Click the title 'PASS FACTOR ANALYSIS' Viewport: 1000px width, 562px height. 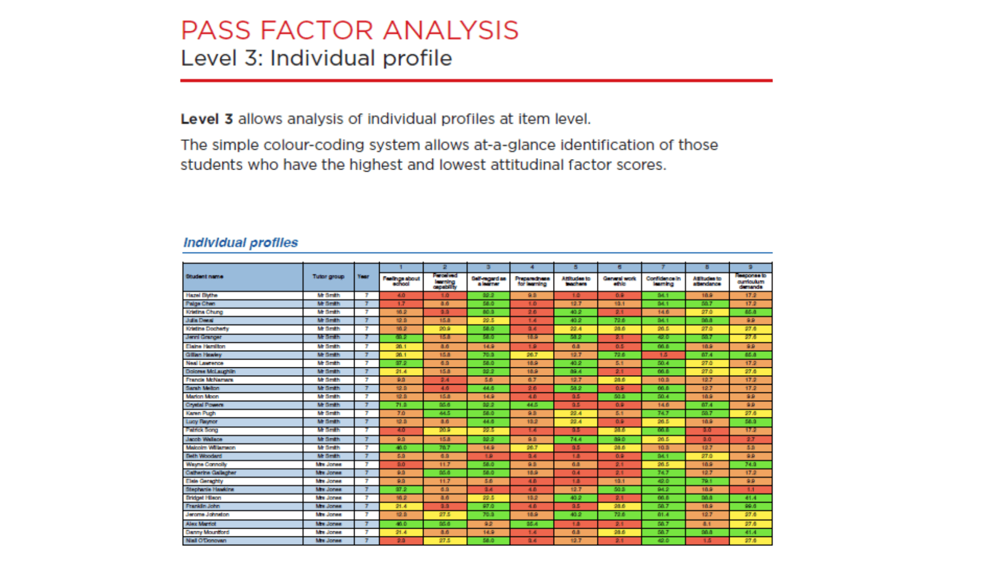click(349, 30)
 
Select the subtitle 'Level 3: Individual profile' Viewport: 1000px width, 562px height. click(316, 58)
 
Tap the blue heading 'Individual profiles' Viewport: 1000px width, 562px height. click(241, 242)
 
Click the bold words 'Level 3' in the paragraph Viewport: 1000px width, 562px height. click(207, 119)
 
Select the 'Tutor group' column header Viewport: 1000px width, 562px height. click(328, 277)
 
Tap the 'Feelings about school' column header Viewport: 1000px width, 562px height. click(401, 281)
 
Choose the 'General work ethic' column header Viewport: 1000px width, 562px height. click(619, 281)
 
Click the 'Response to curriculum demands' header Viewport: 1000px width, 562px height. click(751, 281)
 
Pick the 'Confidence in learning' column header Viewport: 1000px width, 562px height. click(663, 281)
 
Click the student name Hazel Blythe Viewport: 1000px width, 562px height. click(202, 296)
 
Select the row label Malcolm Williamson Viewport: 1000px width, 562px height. click(210, 448)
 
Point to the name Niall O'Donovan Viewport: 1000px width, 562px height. click(206, 541)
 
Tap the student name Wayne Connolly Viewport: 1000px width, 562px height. click(206, 464)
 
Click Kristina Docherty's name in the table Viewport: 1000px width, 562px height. click(207, 329)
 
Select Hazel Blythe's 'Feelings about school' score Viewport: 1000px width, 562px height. click(401, 296)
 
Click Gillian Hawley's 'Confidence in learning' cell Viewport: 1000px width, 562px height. click(663, 355)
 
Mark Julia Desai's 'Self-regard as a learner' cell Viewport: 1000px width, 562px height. click(488, 321)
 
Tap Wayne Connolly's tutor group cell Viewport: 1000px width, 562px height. click(328, 464)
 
